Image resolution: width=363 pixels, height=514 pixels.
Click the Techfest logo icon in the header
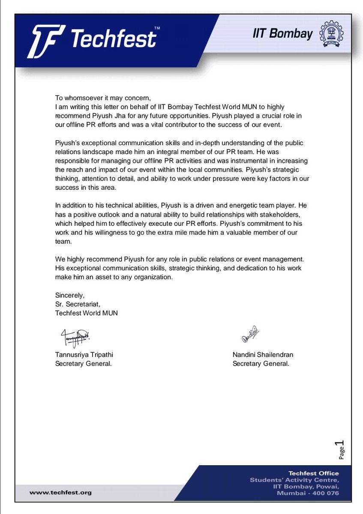pos(47,41)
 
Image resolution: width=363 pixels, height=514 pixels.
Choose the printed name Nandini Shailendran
pos(264,355)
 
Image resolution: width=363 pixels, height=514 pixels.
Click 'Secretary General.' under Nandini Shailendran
pos(261,364)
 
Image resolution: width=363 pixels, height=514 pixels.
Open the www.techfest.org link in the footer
pos(60,493)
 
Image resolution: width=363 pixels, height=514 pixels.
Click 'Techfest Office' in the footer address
pos(313,473)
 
